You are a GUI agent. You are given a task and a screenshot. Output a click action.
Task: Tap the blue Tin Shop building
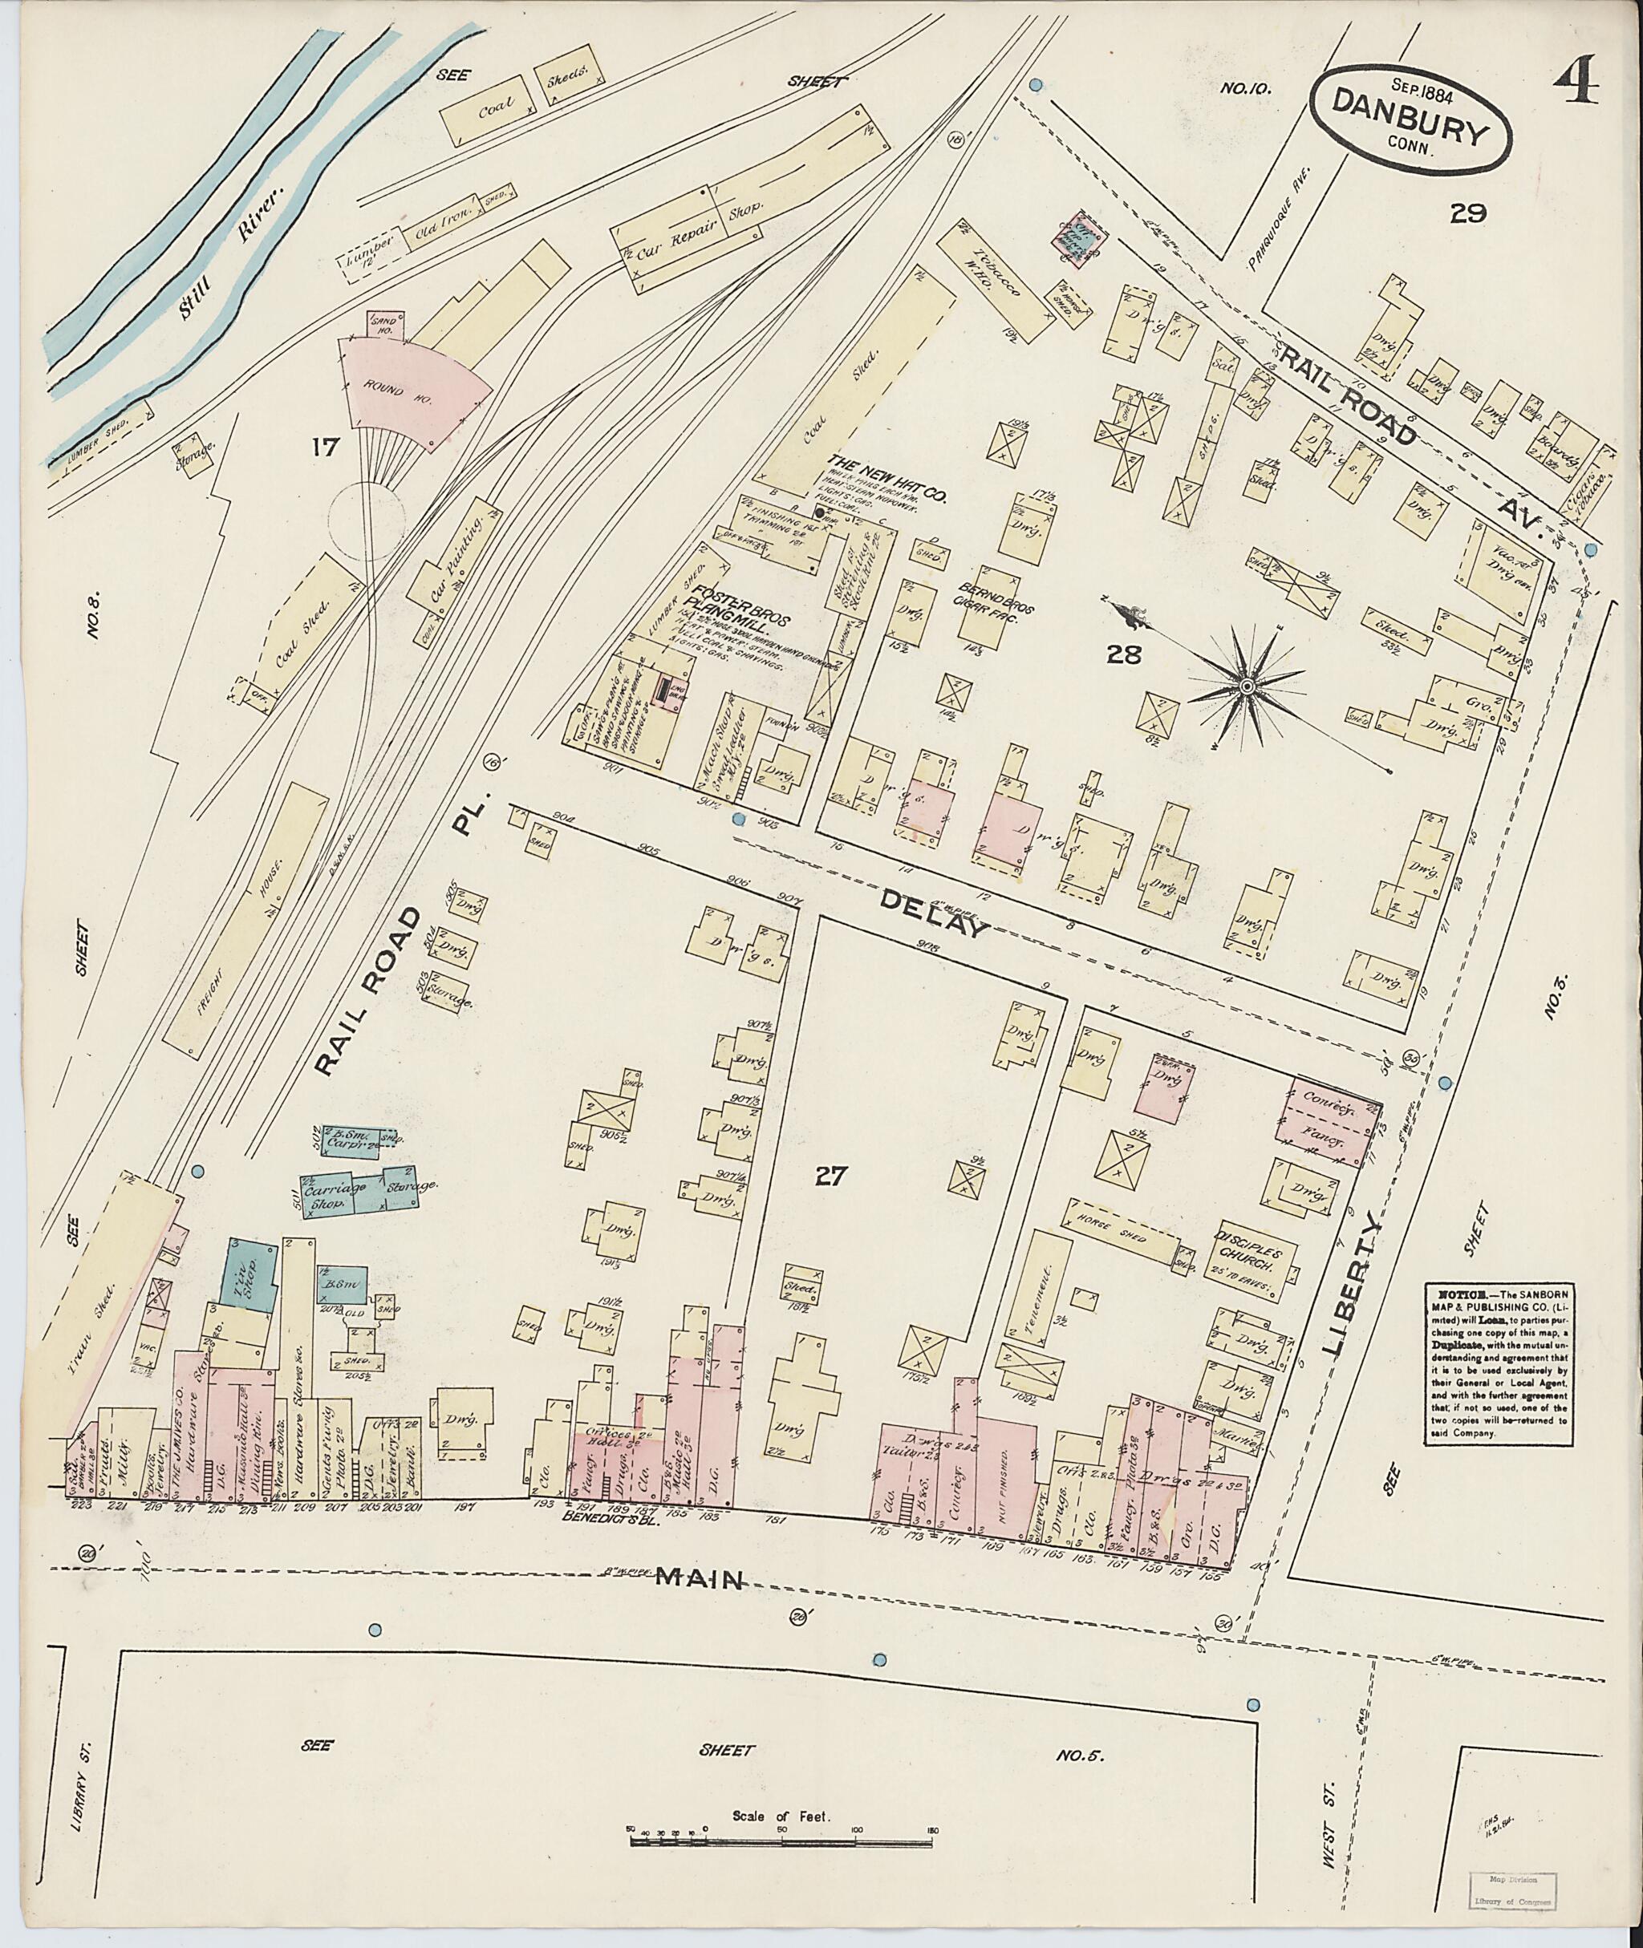pos(248,1278)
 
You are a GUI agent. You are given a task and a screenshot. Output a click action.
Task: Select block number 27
pos(829,1176)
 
